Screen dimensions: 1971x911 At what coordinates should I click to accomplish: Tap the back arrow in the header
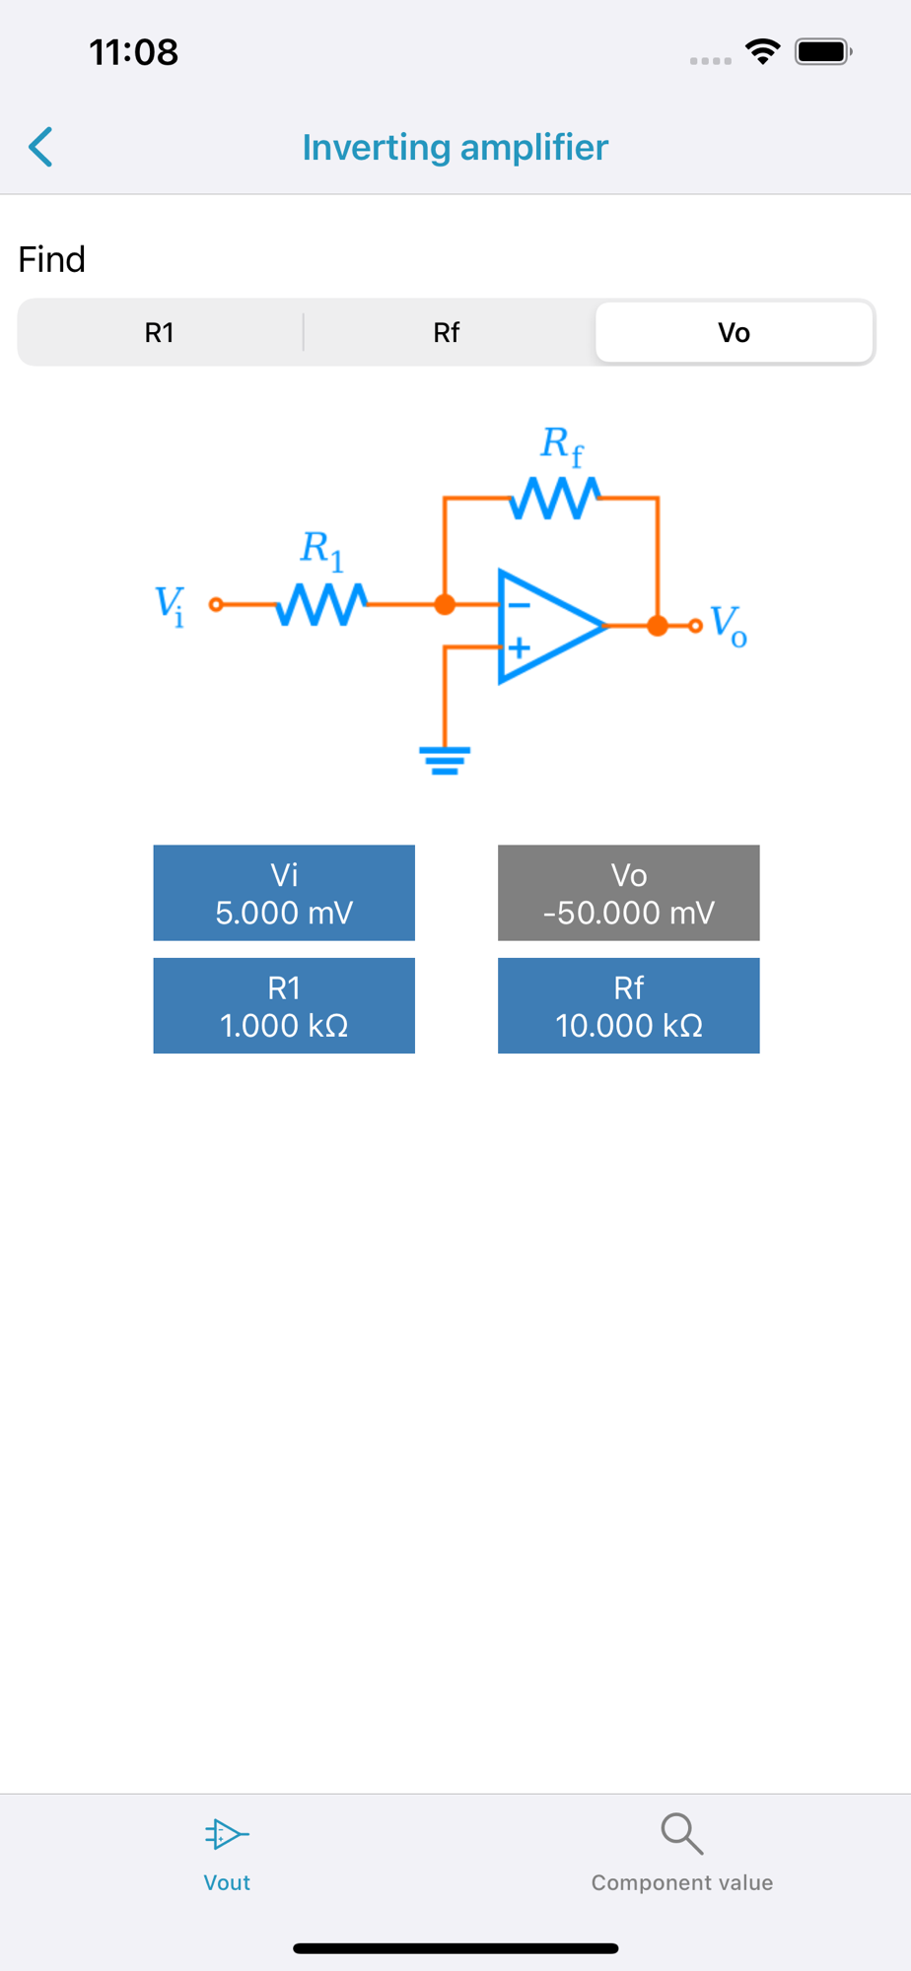click(40, 148)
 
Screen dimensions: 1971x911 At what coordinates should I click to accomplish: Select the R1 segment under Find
click(160, 333)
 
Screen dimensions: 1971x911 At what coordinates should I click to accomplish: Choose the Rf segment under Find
click(446, 333)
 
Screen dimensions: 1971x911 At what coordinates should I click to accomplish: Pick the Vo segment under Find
click(734, 333)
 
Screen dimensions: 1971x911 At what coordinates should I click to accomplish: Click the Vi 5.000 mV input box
click(284, 893)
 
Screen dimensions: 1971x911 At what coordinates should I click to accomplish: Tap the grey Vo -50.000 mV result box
click(628, 893)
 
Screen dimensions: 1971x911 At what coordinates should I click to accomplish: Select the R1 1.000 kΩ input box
click(284, 1006)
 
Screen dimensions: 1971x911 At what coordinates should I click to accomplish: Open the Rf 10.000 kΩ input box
click(628, 1006)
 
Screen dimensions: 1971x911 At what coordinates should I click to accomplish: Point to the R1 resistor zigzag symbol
click(321, 604)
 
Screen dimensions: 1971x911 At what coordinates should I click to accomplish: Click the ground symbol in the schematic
click(445, 760)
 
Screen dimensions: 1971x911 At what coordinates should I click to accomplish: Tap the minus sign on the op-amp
click(520, 605)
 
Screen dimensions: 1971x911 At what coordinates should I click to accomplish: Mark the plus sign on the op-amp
click(520, 647)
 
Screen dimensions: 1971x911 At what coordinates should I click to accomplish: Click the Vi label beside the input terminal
click(170, 605)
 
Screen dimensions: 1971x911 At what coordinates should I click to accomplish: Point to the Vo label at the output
click(729, 625)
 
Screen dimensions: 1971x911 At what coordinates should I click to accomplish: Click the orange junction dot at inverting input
click(445, 604)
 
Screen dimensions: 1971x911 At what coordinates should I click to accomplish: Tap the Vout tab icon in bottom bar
click(227, 1834)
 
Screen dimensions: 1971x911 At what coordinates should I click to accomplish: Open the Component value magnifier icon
click(681, 1834)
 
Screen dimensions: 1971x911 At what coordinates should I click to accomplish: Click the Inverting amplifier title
click(455, 148)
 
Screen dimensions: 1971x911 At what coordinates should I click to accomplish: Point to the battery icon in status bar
click(823, 51)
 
